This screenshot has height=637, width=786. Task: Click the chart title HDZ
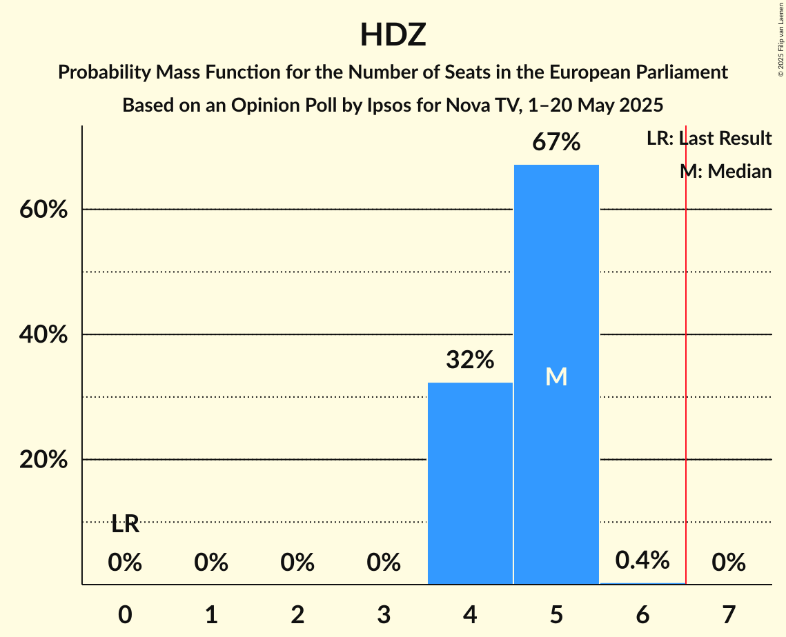coord(393,35)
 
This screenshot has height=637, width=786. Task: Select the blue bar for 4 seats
coord(470,483)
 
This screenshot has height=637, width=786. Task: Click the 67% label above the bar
coord(556,143)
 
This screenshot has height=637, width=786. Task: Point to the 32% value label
coord(470,360)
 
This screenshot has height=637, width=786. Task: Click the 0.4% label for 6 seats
coord(642,560)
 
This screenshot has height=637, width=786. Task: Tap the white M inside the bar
coord(556,376)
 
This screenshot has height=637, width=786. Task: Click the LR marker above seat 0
coord(125,525)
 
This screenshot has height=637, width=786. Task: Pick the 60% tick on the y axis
coord(43,210)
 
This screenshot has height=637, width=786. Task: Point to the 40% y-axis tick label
coord(43,335)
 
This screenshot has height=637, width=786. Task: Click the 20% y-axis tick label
coord(43,460)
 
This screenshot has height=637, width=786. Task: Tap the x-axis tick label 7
coord(729,614)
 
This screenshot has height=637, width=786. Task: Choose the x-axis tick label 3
coord(384,614)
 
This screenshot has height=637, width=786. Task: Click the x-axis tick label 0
coord(125,614)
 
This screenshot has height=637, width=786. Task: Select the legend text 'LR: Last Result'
coord(709,139)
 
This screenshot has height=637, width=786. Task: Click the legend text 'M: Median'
coord(725,171)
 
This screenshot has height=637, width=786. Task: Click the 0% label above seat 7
coord(729,563)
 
